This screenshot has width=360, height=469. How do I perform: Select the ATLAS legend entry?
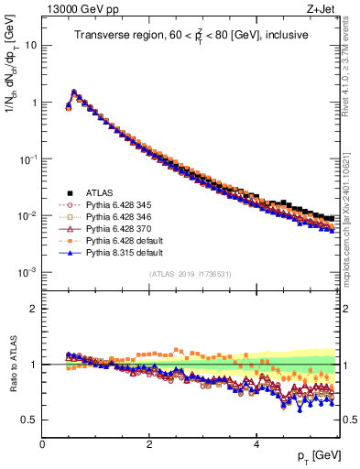click(101, 192)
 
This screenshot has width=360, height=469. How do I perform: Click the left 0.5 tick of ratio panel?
click(30, 420)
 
